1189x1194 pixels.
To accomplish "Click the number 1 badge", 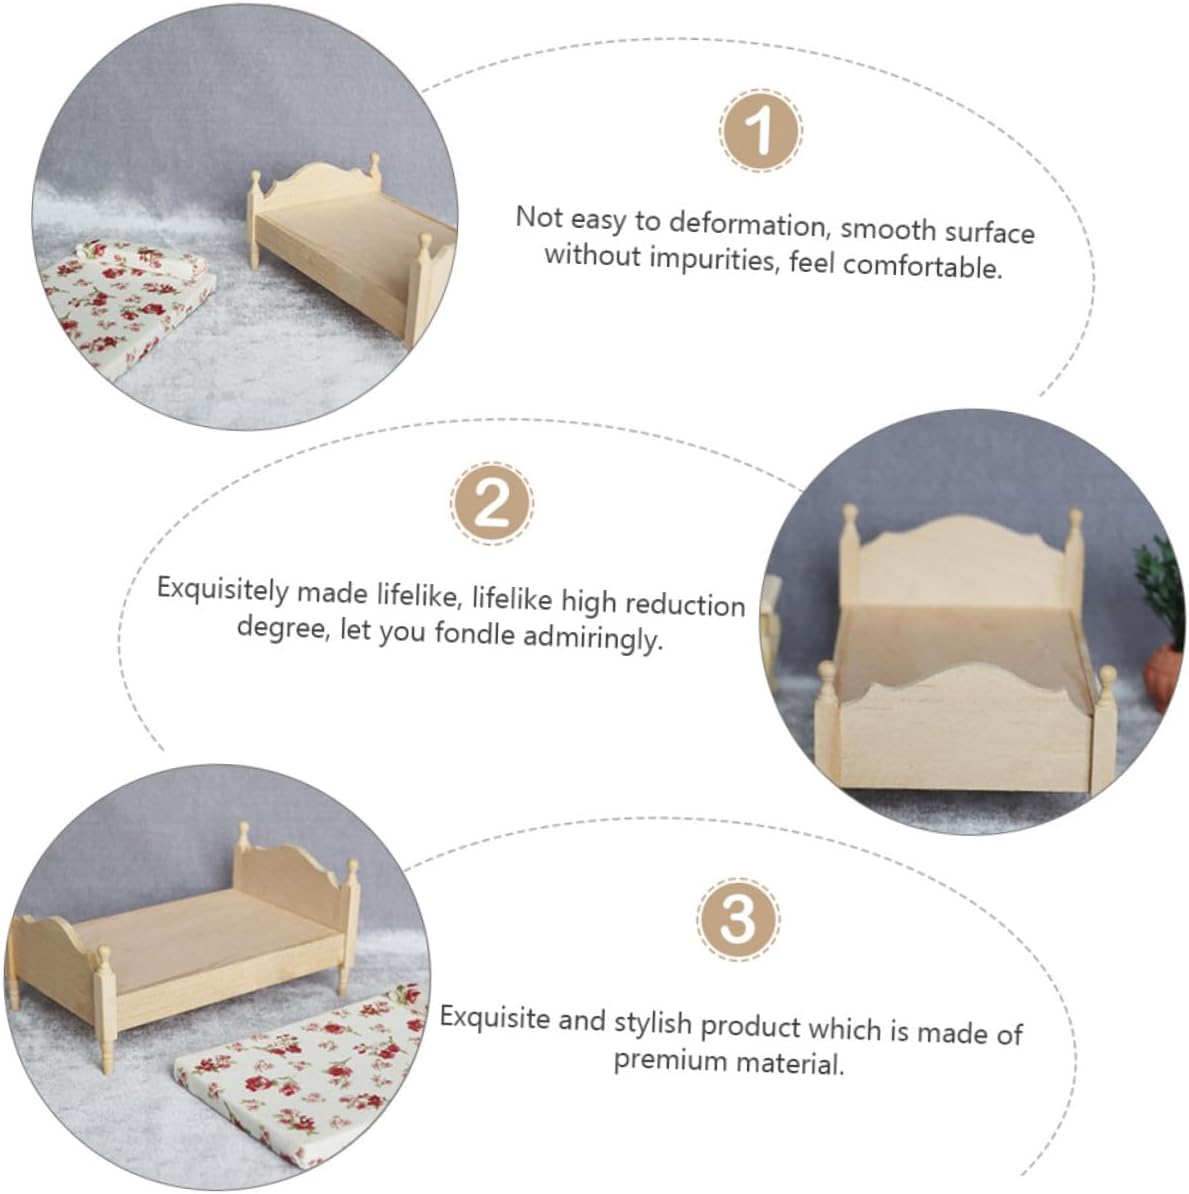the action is point(760,130).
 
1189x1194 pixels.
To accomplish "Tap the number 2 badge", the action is point(491,503).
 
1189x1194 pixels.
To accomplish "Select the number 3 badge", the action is point(737,918).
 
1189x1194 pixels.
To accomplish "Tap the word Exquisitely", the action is point(223,591).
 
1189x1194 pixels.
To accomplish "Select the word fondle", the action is point(475,633).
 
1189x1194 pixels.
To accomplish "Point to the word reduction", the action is point(685,605).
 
